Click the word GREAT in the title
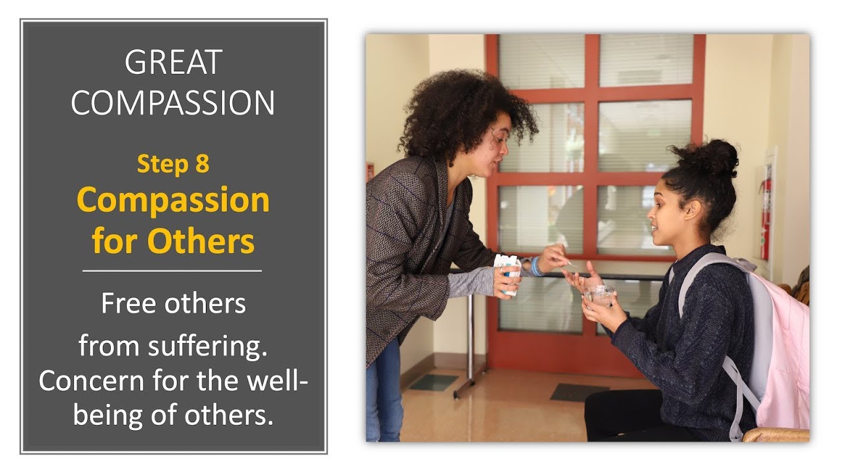click(173, 63)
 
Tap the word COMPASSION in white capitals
click(173, 102)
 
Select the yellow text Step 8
click(173, 164)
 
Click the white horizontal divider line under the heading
click(172, 270)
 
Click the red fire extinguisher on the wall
click(765, 211)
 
